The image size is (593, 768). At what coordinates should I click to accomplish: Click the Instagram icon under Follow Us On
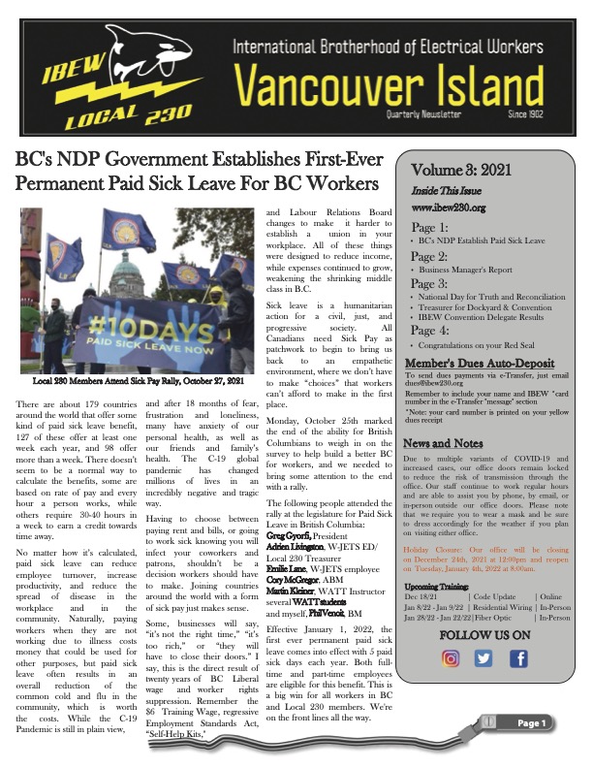click(450, 658)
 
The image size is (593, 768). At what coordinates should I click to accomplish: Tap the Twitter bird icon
click(484, 658)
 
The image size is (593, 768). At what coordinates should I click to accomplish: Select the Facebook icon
click(518, 658)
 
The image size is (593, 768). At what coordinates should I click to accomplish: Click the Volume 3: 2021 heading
click(450, 171)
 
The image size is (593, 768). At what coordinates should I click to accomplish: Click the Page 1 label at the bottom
click(532, 750)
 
